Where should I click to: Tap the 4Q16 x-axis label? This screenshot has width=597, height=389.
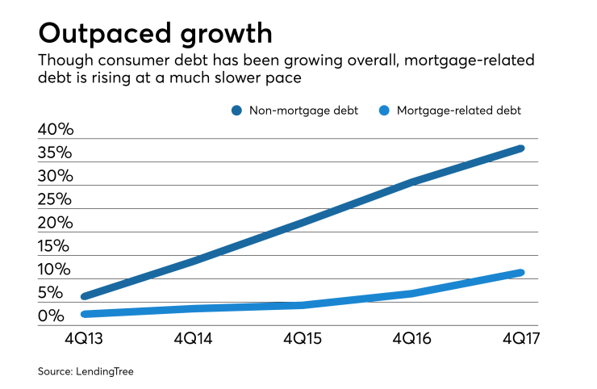click(412, 340)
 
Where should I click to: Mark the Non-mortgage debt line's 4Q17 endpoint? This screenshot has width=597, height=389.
click(521, 148)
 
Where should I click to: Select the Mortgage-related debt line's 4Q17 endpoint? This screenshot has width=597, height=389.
click(521, 273)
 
